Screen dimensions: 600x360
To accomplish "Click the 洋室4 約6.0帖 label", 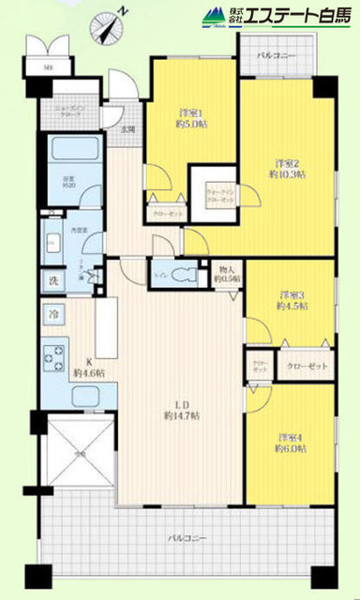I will (291, 442).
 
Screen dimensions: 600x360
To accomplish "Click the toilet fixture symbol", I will (193, 276).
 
